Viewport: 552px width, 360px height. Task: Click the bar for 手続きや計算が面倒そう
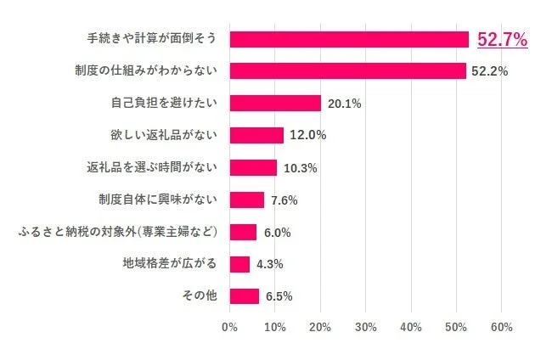click(x=349, y=39)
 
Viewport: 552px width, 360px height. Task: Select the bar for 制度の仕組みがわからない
click(x=347, y=70)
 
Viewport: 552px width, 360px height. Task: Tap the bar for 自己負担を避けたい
click(x=275, y=103)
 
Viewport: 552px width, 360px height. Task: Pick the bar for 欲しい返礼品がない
click(x=256, y=135)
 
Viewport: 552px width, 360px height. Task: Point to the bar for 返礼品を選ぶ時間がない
click(x=253, y=167)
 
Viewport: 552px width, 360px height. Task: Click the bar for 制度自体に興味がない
click(x=247, y=200)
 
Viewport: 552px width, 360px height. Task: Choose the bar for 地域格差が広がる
click(x=239, y=264)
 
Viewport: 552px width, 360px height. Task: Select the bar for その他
click(x=245, y=295)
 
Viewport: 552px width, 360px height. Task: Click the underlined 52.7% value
click(x=503, y=39)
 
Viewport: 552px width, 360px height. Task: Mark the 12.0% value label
click(x=307, y=136)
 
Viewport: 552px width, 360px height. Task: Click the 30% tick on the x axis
click(x=365, y=327)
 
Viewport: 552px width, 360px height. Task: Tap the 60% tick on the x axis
click(x=501, y=327)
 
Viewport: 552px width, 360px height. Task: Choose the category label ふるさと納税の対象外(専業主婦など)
click(x=119, y=231)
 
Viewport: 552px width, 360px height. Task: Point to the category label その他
click(x=200, y=295)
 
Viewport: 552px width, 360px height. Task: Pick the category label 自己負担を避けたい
click(x=164, y=103)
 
